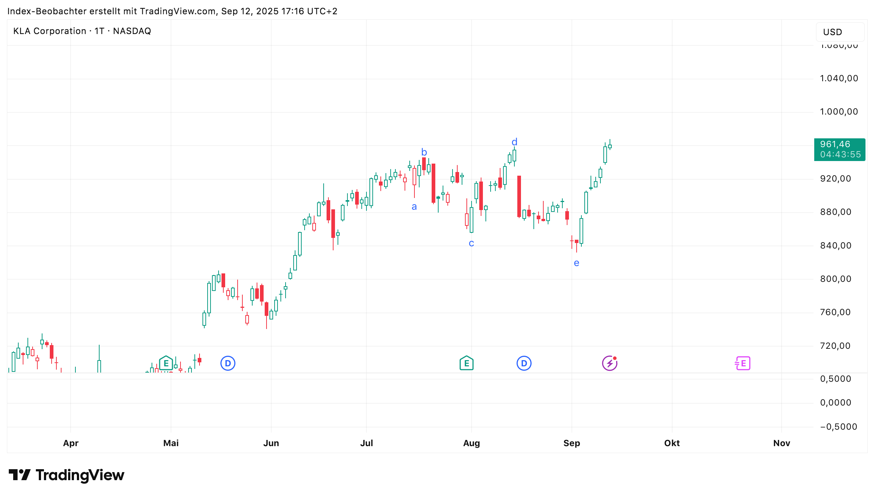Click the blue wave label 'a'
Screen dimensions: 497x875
pyautogui.click(x=414, y=207)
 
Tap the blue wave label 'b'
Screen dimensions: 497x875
pyautogui.click(x=424, y=152)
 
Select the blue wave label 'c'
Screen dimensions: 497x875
pyautogui.click(x=471, y=243)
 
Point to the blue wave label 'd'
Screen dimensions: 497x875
pyautogui.click(x=514, y=142)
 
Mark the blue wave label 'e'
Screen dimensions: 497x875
pyautogui.click(x=576, y=263)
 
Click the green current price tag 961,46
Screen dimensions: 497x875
pyautogui.click(x=839, y=149)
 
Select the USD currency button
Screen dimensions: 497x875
pyautogui.click(x=839, y=32)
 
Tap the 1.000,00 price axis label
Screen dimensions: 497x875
pyautogui.click(x=839, y=112)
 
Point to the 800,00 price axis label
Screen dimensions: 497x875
pyautogui.click(x=835, y=279)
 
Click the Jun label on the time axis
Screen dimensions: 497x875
pyautogui.click(x=271, y=443)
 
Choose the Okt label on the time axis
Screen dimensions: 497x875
pyautogui.click(x=672, y=443)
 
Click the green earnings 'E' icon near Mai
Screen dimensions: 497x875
pyautogui.click(x=166, y=363)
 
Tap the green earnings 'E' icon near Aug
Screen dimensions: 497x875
pyautogui.click(x=466, y=363)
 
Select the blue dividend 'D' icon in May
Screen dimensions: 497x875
pyautogui.click(x=228, y=363)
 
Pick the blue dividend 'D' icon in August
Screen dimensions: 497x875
pyautogui.click(x=524, y=363)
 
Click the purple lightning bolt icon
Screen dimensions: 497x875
pyautogui.click(x=610, y=363)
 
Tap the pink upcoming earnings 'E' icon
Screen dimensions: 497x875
pyautogui.click(x=742, y=363)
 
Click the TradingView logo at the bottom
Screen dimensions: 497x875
pyautogui.click(x=66, y=475)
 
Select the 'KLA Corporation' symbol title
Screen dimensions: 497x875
pyautogui.click(x=49, y=31)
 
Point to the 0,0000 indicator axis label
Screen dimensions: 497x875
pyautogui.click(x=835, y=403)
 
